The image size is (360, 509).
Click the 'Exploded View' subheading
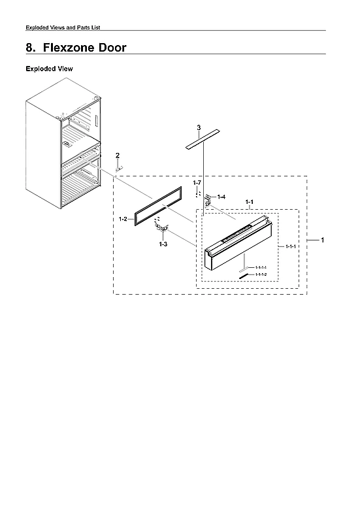point(49,69)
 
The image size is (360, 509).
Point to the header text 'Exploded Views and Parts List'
point(63,27)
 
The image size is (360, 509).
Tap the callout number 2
point(118,155)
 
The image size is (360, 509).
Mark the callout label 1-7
point(197,182)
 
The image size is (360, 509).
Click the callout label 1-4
point(221,197)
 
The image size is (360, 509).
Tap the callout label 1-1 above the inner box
point(249,203)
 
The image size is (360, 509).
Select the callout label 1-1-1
point(291,246)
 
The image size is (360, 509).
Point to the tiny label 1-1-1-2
point(261,274)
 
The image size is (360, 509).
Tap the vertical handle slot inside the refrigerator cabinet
point(95,123)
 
